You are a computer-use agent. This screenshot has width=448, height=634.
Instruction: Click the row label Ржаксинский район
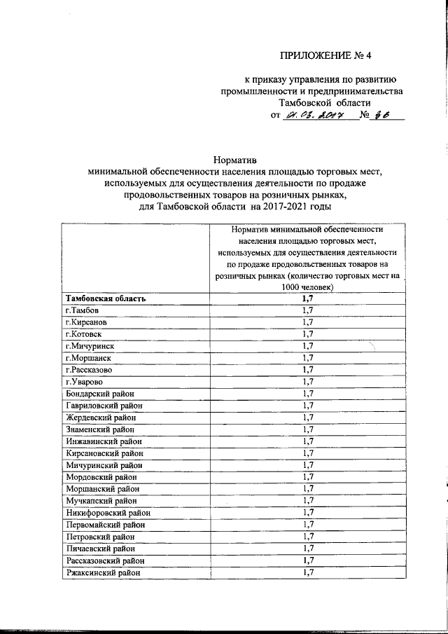pyautogui.click(x=102, y=572)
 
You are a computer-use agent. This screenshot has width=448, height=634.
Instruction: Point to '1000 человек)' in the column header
pyautogui.click(x=307, y=287)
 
